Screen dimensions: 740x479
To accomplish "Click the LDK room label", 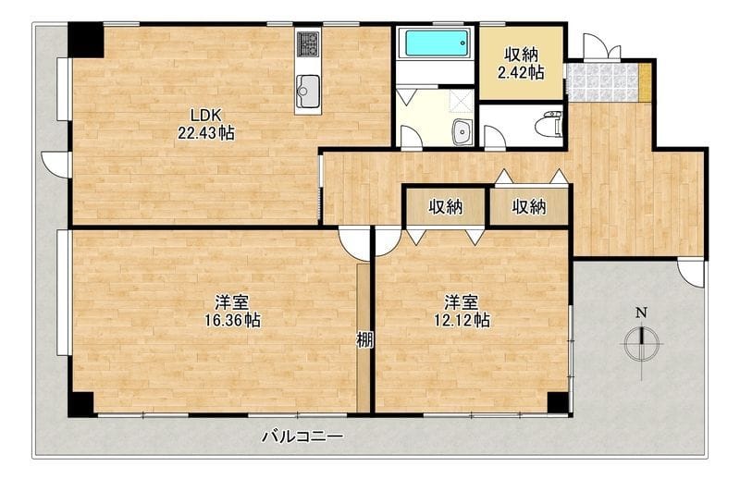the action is coord(205,115).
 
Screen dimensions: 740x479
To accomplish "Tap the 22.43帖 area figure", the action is coord(205,133).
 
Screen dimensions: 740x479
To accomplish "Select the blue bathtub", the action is coord(436,43).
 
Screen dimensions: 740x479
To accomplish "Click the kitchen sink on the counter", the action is coord(308,91).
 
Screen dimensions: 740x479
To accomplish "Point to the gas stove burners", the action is coord(308,44).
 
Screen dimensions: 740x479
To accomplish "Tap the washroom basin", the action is coord(462,131).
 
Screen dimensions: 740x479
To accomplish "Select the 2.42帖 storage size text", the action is coord(521,73).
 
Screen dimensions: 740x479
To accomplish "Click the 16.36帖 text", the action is coord(232,321).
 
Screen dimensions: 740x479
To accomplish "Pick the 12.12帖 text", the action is coord(462,321).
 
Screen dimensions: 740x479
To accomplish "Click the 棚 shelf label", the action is coord(364,339).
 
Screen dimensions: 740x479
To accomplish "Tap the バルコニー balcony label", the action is coord(302,436).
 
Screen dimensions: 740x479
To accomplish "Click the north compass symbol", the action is coord(641,344).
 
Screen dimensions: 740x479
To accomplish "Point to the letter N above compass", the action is coord(641,313).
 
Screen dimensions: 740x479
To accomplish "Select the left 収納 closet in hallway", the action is coord(445,207).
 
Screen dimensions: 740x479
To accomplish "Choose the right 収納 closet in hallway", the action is coord(529,207).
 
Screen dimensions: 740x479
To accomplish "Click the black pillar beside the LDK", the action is coord(85,41).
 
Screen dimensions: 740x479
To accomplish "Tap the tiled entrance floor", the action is coord(605,82).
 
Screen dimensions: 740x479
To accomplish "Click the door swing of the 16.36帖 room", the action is coord(353,244).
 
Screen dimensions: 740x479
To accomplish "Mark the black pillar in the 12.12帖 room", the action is coord(559,402).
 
